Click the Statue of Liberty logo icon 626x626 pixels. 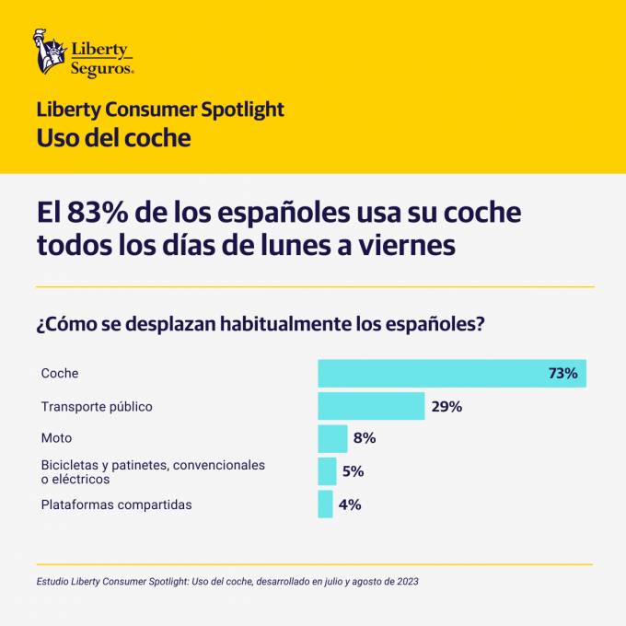pos(50,52)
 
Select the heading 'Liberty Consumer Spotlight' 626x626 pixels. pos(160,110)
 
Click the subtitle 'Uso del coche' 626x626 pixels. pos(113,138)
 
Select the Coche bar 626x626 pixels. pos(451,374)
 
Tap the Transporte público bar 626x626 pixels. pos(371,406)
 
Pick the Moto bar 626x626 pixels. pos(332,438)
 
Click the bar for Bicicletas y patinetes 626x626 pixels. pos(327,471)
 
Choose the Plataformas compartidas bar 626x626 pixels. pos(325,504)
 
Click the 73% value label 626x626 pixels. pos(562,374)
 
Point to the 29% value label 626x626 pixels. pos(446,406)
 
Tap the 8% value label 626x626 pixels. pos(365,438)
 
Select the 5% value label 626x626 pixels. pos(353,471)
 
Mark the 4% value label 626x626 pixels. pos(350,504)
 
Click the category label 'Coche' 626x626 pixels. pos(60,374)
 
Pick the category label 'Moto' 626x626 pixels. pos(56,438)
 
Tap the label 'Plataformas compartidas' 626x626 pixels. pos(116,504)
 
